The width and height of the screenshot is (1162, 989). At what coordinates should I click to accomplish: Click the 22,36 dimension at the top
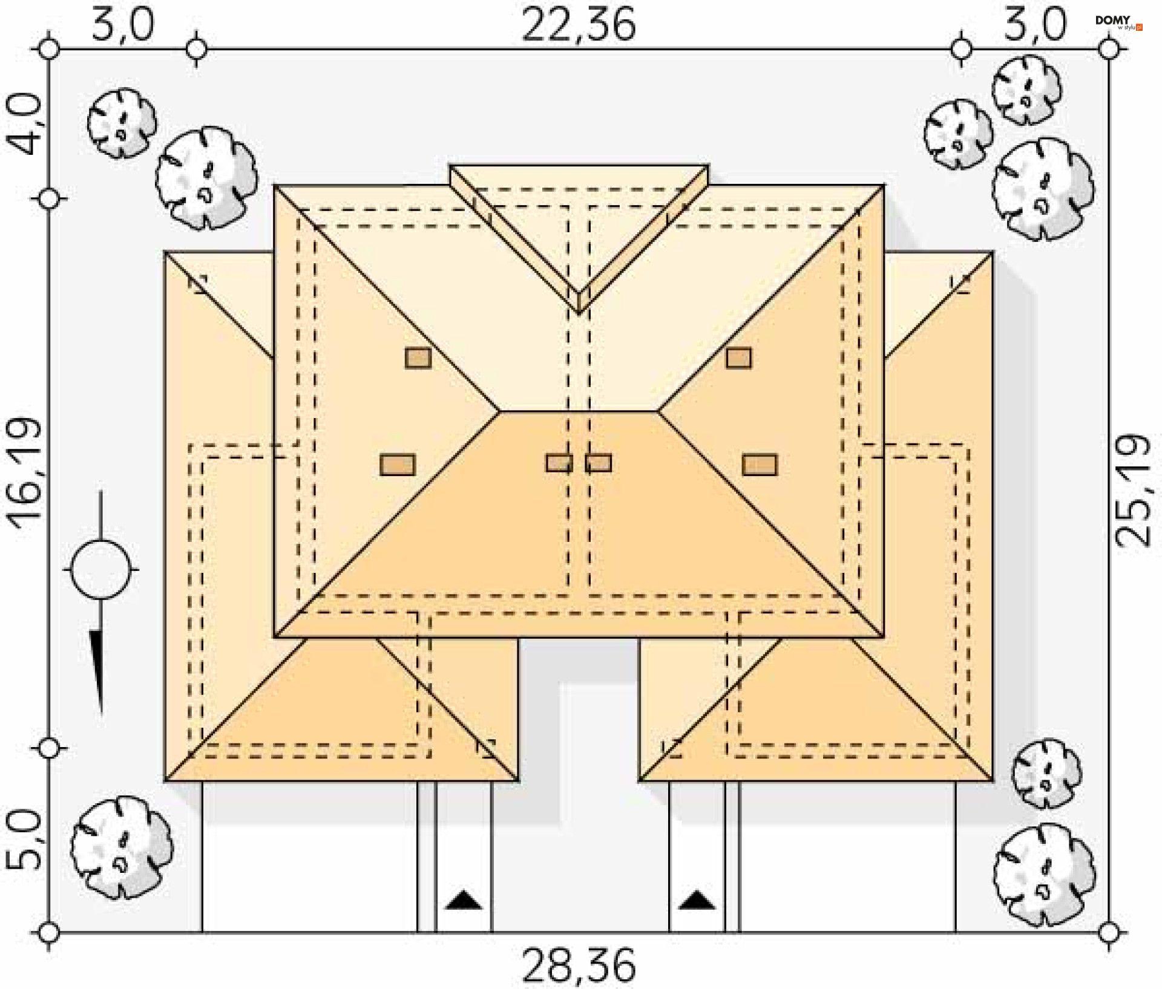[x=579, y=25]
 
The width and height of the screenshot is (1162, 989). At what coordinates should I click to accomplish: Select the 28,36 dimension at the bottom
[x=579, y=966]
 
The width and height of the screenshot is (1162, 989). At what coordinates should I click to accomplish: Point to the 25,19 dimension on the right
[x=1132, y=490]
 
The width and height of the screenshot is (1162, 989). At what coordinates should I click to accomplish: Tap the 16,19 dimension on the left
[x=25, y=473]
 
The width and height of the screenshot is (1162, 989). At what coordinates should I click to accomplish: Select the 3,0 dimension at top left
[x=123, y=24]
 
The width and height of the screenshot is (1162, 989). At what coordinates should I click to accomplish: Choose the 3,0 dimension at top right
[x=1035, y=24]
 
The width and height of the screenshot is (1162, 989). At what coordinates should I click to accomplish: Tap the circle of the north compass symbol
[x=100, y=569]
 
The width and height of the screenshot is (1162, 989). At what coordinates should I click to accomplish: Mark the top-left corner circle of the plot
[x=49, y=48]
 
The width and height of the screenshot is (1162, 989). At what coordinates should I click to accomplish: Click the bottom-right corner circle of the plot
[x=1109, y=932]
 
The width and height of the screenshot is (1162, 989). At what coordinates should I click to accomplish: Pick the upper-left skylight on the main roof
[x=418, y=358]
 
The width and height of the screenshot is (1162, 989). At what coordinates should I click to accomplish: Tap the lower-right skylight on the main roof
[x=760, y=465]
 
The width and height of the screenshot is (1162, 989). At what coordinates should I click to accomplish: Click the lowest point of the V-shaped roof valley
[x=579, y=313]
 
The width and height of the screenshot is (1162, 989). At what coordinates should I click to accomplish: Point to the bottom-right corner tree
[x=1044, y=875]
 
